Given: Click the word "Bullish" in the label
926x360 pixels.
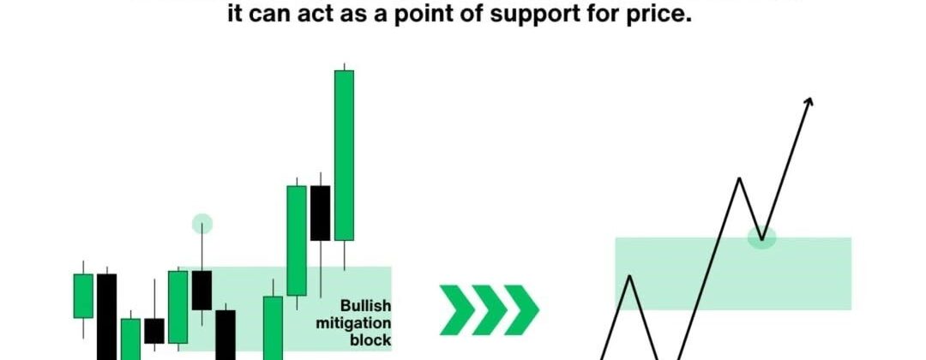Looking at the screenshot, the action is (365, 306).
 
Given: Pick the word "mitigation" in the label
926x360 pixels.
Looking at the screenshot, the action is (353, 323).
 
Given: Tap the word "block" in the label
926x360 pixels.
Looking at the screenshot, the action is (371, 340).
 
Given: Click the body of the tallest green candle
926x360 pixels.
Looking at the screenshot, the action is (345, 155).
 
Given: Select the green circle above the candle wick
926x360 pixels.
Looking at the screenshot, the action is (202, 224).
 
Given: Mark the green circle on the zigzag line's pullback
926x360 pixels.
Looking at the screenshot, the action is (762, 237).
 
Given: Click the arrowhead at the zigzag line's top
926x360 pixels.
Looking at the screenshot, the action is (809, 101).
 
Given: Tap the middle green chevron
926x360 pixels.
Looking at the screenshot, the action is (490, 309).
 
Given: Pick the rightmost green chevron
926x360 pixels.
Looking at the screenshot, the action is (521, 309).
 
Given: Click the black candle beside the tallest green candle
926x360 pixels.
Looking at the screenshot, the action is (320, 213).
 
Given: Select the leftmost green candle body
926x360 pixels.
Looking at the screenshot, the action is (83, 296).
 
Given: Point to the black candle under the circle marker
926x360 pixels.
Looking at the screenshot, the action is (202, 291).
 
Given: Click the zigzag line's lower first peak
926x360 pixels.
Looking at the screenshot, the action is (631, 276).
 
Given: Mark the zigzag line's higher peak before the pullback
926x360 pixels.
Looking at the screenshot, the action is (739, 178).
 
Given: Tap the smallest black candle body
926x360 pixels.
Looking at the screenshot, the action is (154, 331).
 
